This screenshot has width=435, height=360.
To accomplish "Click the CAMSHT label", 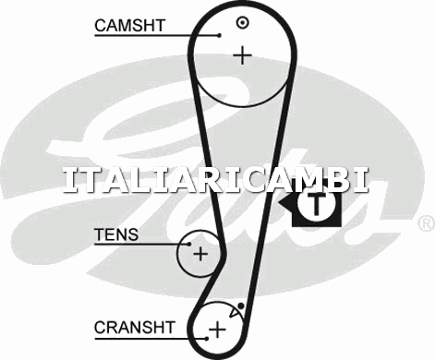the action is point(130,26).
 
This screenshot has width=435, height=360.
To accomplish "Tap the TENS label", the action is point(116,234).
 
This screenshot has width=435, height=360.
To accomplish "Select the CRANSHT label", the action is point(135,328).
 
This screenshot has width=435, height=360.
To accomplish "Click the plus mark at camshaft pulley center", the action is point(243,55).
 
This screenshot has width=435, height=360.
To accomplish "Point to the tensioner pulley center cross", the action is point(200,254).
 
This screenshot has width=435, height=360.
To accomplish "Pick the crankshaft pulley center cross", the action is point(217,330).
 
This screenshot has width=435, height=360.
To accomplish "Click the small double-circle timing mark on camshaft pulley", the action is point(243,22).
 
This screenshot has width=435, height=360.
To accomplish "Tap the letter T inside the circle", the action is point(316,204).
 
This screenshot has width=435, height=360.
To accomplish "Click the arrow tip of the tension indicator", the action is point(279,203).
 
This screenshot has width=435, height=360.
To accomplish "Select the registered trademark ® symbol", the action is point(427,223).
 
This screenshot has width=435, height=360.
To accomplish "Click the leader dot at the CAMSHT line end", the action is point(219,35).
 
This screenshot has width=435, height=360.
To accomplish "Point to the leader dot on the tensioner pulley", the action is point(189,244).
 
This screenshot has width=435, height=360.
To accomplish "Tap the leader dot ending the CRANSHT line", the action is point(207,339).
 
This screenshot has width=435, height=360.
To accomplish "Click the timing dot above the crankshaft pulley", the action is point(241,306).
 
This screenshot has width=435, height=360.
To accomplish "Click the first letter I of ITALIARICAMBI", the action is point(70,181).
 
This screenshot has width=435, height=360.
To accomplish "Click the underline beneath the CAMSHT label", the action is point(157,35).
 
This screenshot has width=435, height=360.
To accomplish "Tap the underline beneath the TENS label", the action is point(141,245).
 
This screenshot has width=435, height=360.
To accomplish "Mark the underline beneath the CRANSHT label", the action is point(151,339).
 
